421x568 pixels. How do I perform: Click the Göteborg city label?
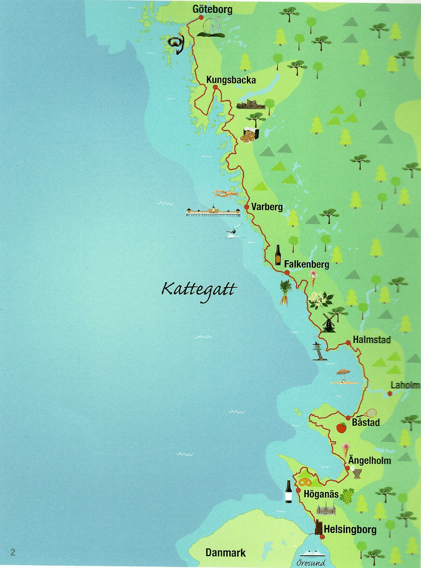[x=212, y=9]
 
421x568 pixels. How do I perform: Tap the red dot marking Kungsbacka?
[x=215, y=87]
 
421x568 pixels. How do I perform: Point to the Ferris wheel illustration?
[x=211, y=27]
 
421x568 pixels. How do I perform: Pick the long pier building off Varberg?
[x=213, y=212]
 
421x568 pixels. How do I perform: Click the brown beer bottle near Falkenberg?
[x=278, y=255]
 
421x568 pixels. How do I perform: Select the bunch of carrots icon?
[x=285, y=293]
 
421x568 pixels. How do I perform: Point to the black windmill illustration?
[x=328, y=323]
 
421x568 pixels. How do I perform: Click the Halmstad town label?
[x=372, y=340]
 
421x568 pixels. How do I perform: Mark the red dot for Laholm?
[x=390, y=394]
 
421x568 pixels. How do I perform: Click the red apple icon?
[x=341, y=427]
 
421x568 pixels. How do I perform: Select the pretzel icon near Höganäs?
[x=305, y=482]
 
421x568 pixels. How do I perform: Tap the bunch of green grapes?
[x=347, y=496]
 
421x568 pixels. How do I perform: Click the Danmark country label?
[x=225, y=553]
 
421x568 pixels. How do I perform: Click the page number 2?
[x=13, y=552]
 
